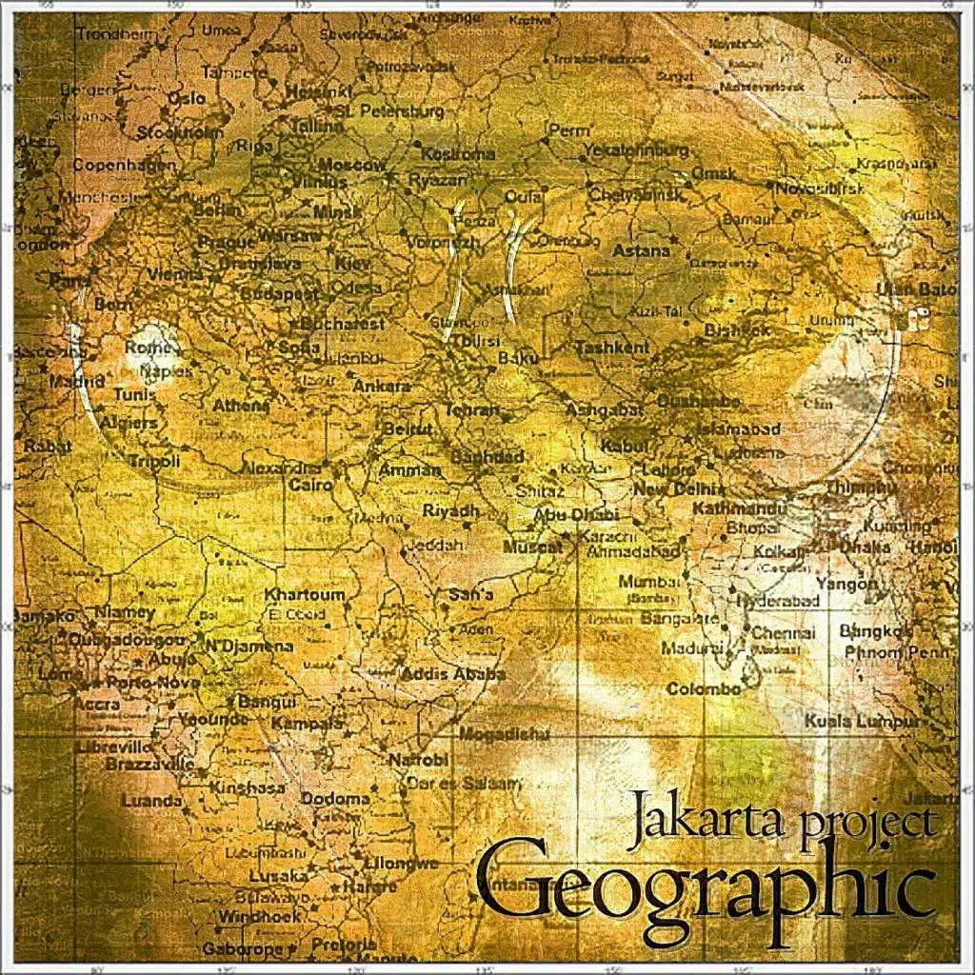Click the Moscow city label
352,164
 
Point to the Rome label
146,348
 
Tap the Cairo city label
310,486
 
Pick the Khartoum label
304,595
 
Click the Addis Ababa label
453,674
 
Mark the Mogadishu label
505,734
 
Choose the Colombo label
704,688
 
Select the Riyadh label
451,511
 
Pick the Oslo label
186,98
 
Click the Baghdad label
487,458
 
